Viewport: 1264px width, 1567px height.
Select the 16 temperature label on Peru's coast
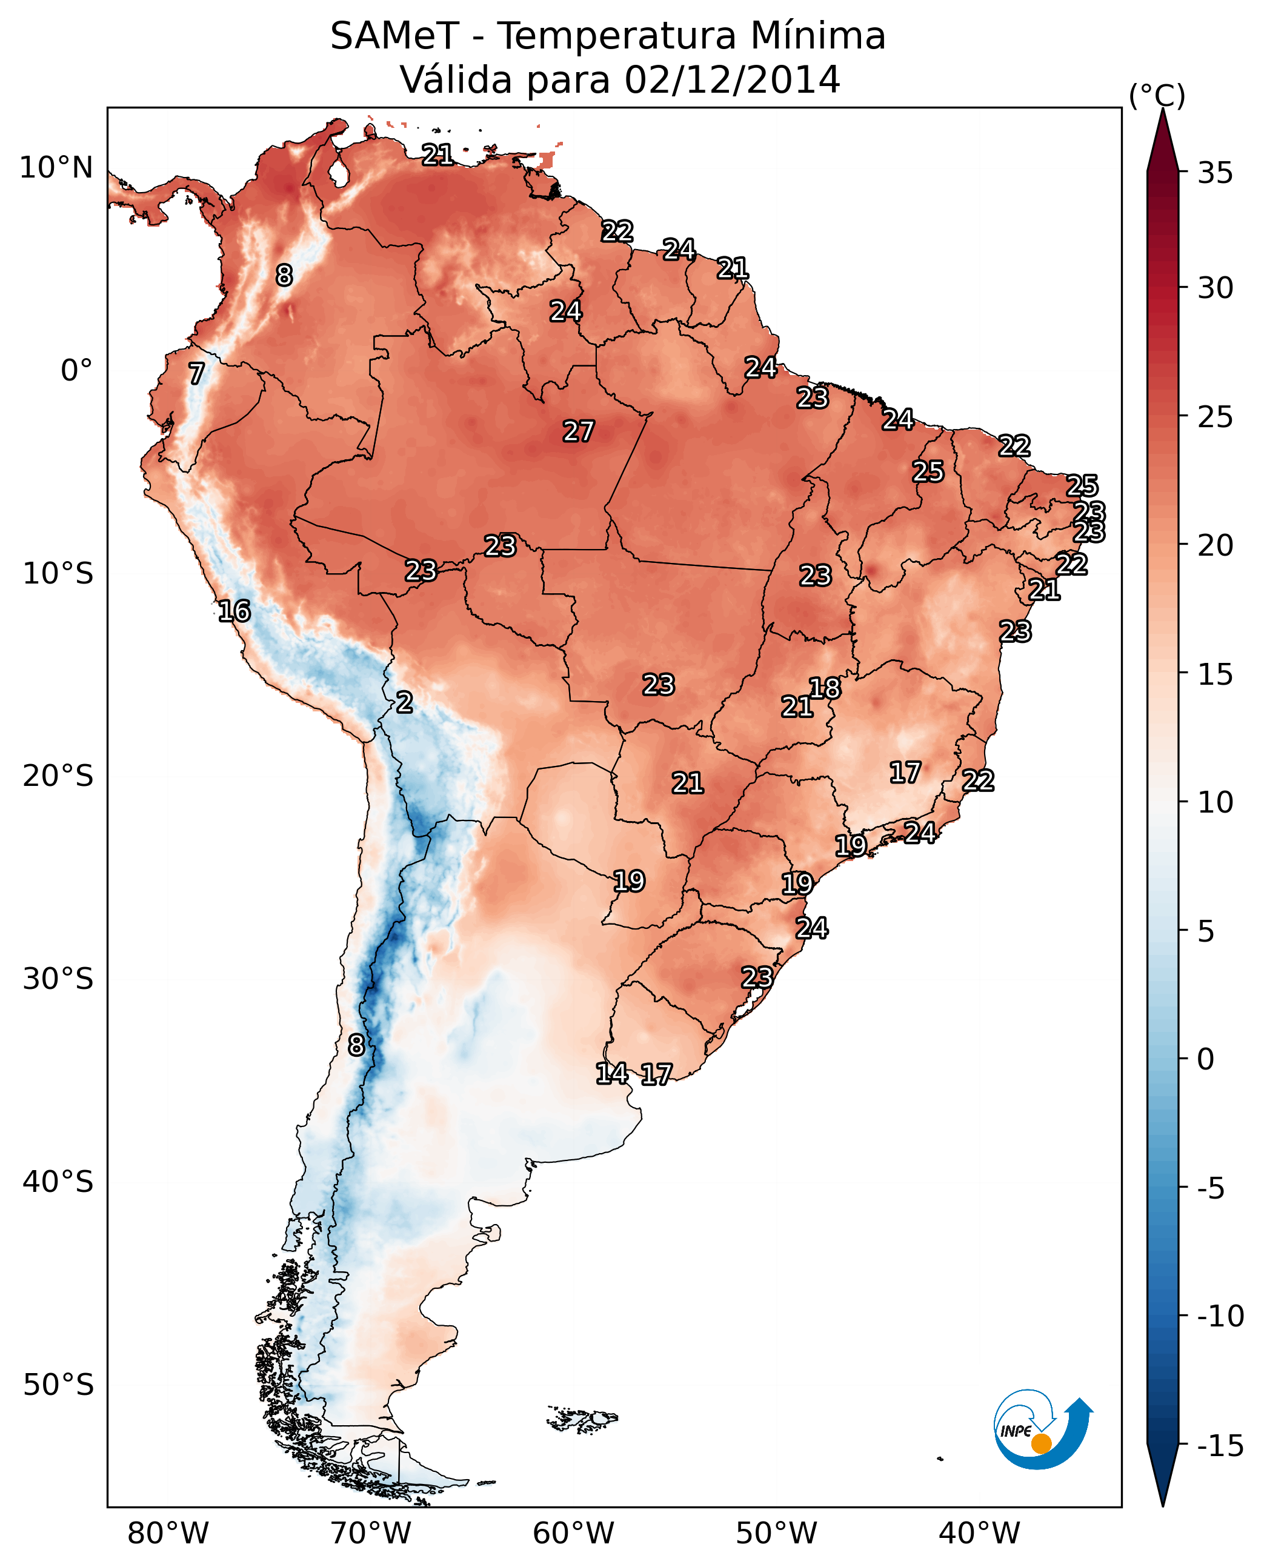pyautogui.click(x=235, y=611)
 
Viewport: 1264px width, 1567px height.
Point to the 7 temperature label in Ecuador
pyautogui.click(x=196, y=373)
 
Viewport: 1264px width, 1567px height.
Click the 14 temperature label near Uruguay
pyautogui.click(x=611, y=1073)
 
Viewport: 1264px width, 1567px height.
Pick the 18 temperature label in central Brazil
pyautogui.click(x=825, y=688)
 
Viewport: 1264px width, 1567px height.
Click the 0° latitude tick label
pyautogui.click(x=76, y=371)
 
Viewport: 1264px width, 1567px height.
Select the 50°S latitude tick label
pyautogui.click(x=58, y=1383)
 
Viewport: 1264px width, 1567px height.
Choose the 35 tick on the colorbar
pyautogui.click(x=1215, y=173)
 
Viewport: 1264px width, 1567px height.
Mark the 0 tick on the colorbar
pyautogui.click(x=1206, y=1059)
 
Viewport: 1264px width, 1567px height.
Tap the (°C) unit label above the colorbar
pyautogui.click(x=1157, y=95)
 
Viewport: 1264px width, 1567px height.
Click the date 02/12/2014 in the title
pyautogui.click(x=733, y=79)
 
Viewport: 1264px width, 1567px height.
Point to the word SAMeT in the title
pyautogui.click(x=394, y=36)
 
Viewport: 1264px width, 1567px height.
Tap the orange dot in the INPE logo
pyautogui.click(x=1041, y=1443)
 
